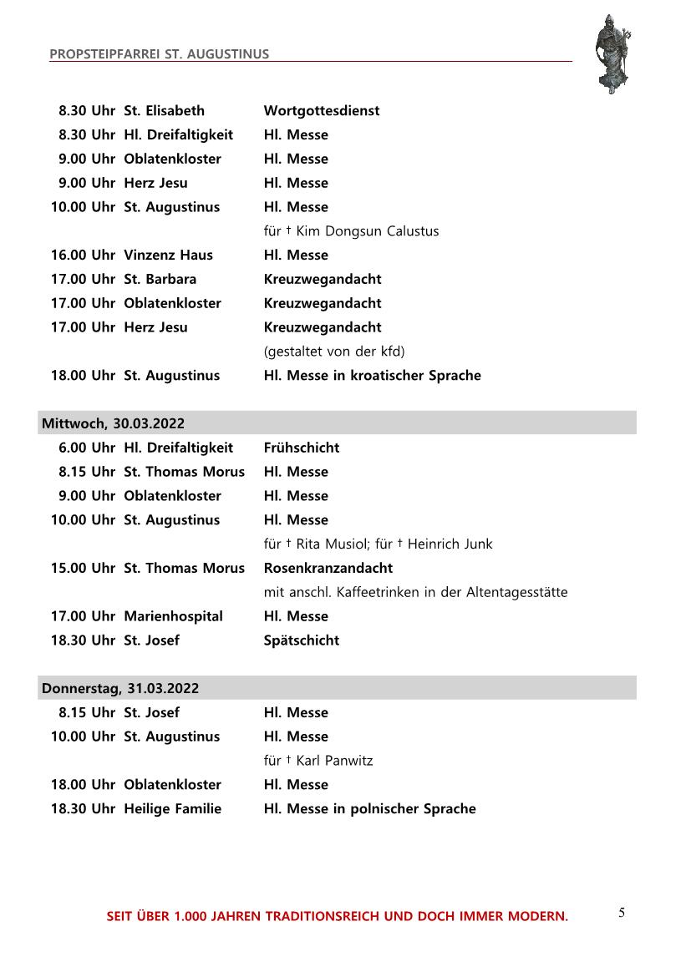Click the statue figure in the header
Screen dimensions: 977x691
click(x=612, y=52)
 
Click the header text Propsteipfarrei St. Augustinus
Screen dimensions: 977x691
click(x=160, y=54)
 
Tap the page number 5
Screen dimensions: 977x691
click(x=622, y=913)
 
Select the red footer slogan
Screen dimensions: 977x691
click(x=337, y=917)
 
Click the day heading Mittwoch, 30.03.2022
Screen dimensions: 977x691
click(x=113, y=423)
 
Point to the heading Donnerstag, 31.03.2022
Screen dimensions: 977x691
click(x=120, y=688)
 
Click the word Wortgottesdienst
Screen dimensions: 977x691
click(x=322, y=110)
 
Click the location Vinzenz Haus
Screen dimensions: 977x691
click(x=168, y=255)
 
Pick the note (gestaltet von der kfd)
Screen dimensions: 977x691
click(x=334, y=352)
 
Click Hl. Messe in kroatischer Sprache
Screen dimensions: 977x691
click(x=372, y=375)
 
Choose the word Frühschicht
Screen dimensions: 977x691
click(x=302, y=448)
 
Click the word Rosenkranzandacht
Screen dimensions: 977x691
click(x=328, y=568)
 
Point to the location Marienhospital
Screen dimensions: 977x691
click(x=173, y=616)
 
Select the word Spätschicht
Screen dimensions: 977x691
click(x=302, y=640)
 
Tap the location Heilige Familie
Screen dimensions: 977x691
click(x=172, y=808)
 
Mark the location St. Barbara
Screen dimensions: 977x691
click(x=160, y=279)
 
